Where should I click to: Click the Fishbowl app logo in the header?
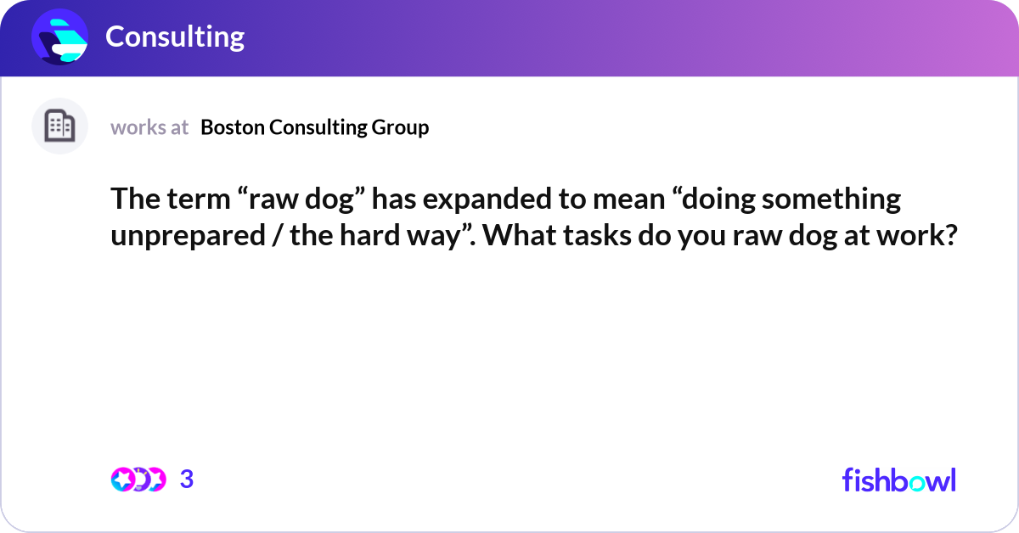pyautogui.click(x=59, y=36)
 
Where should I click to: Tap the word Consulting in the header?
pyautogui.click(x=175, y=36)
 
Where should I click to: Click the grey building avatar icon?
pyautogui.click(x=59, y=126)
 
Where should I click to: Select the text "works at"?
pyautogui.click(x=149, y=127)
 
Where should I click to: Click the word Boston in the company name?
pyautogui.click(x=231, y=127)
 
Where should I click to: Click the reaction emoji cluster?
pyautogui.click(x=138, y=480)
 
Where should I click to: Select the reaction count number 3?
pyautogui.click(x=187, y=480)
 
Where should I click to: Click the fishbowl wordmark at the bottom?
pyautogui.click(x=898, y=480)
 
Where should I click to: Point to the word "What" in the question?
pyautogui.click(x=521, y=235)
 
